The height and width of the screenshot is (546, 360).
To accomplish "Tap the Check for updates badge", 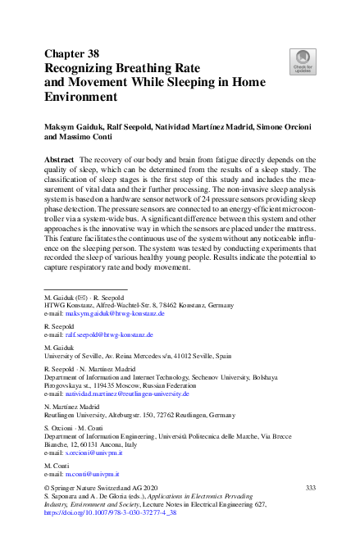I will point(303,61).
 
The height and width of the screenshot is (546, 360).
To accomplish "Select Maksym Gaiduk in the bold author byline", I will point(75,130).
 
